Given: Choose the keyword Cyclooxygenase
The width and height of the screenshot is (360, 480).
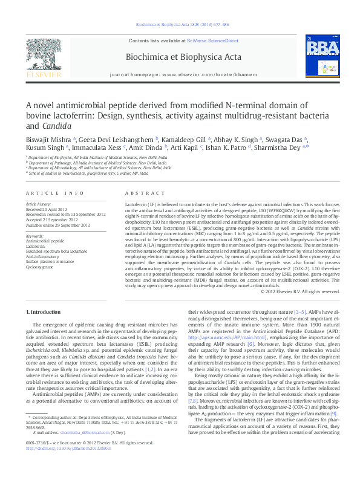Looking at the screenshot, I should [x=39, y=266].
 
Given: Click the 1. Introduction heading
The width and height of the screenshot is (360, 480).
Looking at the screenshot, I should [x=45, y=311].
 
